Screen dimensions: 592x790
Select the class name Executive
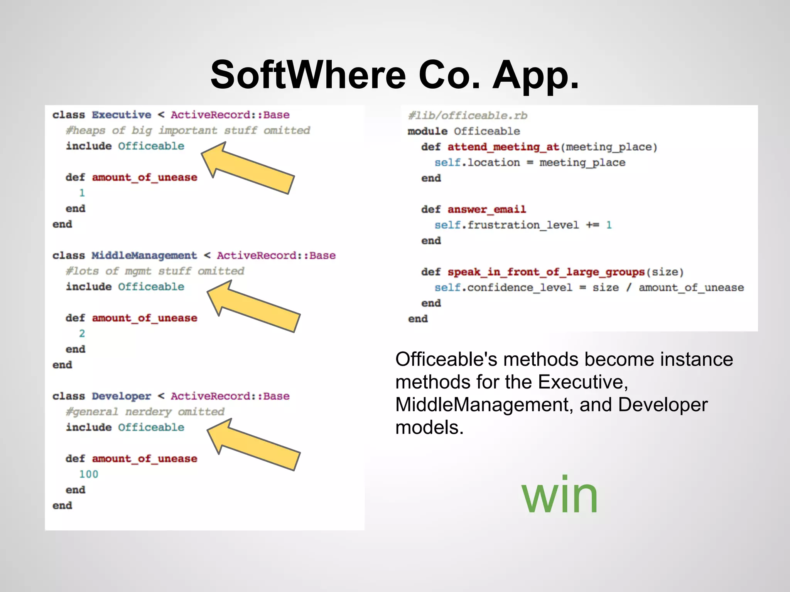tap(122, 115)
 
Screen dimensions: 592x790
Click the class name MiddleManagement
tap(144, 256)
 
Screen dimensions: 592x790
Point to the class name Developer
tap(122, 396)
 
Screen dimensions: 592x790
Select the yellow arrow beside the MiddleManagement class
tap(254, 307)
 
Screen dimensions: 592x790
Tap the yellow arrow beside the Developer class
tap(254, 445)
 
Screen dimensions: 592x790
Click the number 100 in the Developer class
tap(89, 474)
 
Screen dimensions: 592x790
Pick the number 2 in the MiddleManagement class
tap(82, 333)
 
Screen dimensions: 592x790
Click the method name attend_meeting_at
tap(503, 147)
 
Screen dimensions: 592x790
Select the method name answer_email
tap(487, 209)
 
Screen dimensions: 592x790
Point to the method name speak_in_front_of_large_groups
tap(546, 272)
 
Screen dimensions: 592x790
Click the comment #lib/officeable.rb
tap(468, 116)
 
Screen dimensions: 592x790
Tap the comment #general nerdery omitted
tap(145, 412)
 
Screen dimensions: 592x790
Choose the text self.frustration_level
tap(506, 225)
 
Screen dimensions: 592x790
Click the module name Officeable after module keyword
tap(487, 131)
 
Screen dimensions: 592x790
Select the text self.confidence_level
tap(503, 288)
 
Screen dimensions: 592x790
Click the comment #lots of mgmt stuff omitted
tap(155, 271)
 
